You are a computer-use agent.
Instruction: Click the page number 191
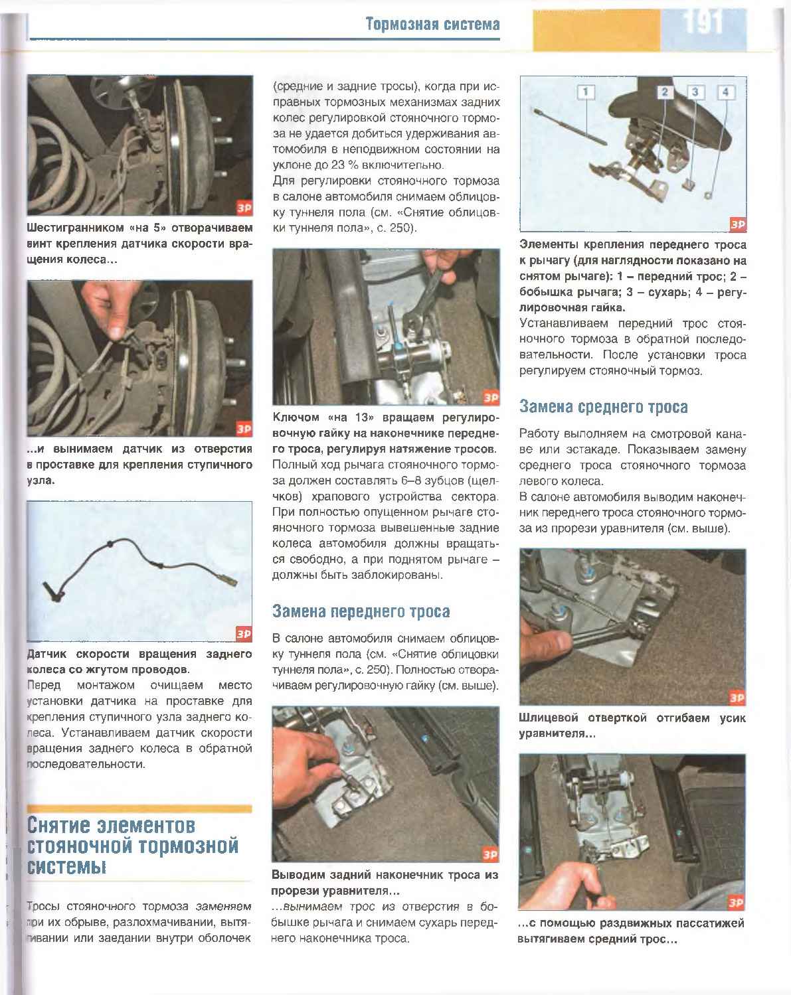tap(703, 23)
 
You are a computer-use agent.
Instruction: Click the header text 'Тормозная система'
tap(432, 25)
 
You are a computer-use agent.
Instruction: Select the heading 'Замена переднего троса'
tap(361, 611)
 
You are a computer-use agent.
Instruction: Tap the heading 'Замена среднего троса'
tap(603, 406)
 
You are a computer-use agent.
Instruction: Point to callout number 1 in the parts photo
tap(586, 92)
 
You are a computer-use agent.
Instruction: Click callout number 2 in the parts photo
tap(664, 92)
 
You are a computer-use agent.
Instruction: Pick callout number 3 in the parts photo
tap(695, 92)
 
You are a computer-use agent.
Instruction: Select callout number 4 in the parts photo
tap(725, 92)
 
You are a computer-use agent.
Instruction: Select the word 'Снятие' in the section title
tap(59, 825)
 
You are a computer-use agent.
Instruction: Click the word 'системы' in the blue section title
tap(66, 866)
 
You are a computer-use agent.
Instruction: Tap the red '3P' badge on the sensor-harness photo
tap(244, 634)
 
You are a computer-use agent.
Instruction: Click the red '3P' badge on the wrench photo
tap(490, 398)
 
